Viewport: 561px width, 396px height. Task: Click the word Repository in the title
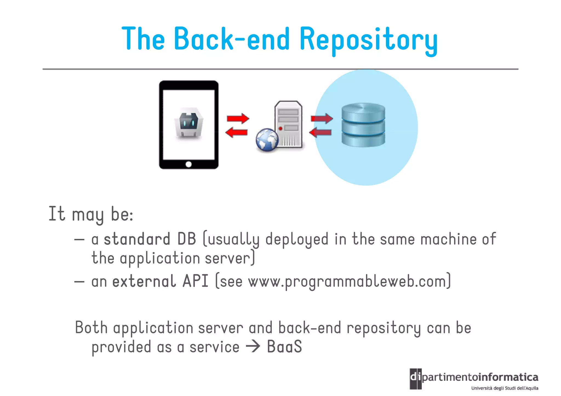[x=368, y=39]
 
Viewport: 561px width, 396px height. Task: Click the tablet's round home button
[x=188, y=164]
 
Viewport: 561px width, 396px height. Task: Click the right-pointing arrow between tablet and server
[x=238, y=118]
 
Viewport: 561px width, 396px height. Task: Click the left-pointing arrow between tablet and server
[x=236, y=133]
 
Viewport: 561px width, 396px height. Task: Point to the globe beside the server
[x=267, y=140]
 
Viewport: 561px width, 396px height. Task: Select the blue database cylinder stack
[x=363, y=125]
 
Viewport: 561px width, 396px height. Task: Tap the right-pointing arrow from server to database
[x=322, y=118]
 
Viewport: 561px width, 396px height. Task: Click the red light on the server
[x=280, y=128]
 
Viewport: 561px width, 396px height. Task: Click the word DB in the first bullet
[x=187, y=239]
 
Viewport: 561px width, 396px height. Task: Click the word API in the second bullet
[x=195, y=281]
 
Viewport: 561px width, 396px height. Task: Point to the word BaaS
[x=284, y=347]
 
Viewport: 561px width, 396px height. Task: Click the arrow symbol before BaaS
[x=253, y=347]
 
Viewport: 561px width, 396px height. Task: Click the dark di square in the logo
[x=416, y=378]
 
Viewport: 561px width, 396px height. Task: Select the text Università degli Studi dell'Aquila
[x=505, y=388]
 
